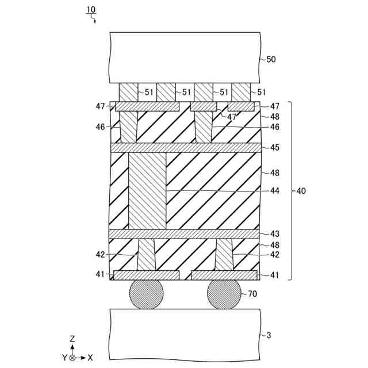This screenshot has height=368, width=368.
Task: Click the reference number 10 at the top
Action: coord(91,10)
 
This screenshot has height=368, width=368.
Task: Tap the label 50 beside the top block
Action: coord(271,59)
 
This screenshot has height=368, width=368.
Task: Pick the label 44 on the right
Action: coord(274,191)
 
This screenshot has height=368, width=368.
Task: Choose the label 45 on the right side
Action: coord(274,148)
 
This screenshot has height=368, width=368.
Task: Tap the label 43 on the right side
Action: coord(274,234)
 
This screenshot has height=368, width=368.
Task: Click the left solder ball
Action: coord(146,295)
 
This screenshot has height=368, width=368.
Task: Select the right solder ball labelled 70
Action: coord(224,295)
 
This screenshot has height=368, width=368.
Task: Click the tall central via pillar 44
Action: coord(147,191)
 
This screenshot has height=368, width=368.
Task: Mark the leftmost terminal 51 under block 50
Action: coord(129,92)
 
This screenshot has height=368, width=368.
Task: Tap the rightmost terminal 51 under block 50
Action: coord(241,92)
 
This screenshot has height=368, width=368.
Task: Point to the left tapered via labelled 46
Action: coord(129,127)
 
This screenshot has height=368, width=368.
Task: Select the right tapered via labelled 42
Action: coord(224,255)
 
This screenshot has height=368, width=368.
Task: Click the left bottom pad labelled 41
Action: coord(146,275)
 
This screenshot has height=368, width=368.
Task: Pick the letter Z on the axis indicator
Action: coord(72,339)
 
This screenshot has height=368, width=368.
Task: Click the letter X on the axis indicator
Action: coord(90,358)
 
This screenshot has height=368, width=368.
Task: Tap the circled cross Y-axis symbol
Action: coord(72,358)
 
